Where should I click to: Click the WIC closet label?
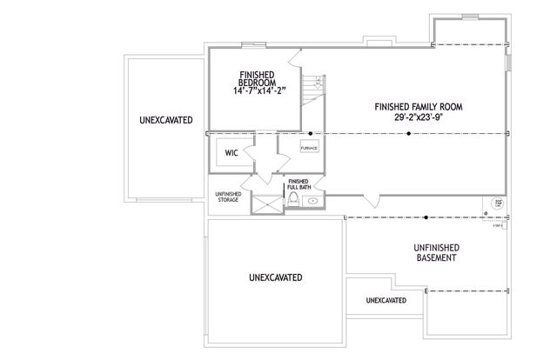pyautogui.click(x=231, y=152)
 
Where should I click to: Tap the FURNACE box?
pyautogui.click(x=309, y=148)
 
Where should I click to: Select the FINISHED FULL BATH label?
pyautogui.click(x=299, y=185)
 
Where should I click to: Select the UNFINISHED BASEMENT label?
pyautogui.click(x=436, y=253)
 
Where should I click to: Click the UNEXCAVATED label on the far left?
pyautogui.click(x=165, y=119)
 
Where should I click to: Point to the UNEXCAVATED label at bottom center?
pyautogui.click(x=275, y=278)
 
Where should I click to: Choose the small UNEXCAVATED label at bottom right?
pyautogui.click(x=386, y=300)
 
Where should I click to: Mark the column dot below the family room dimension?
pyautogui.click(x=409, y=133)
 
